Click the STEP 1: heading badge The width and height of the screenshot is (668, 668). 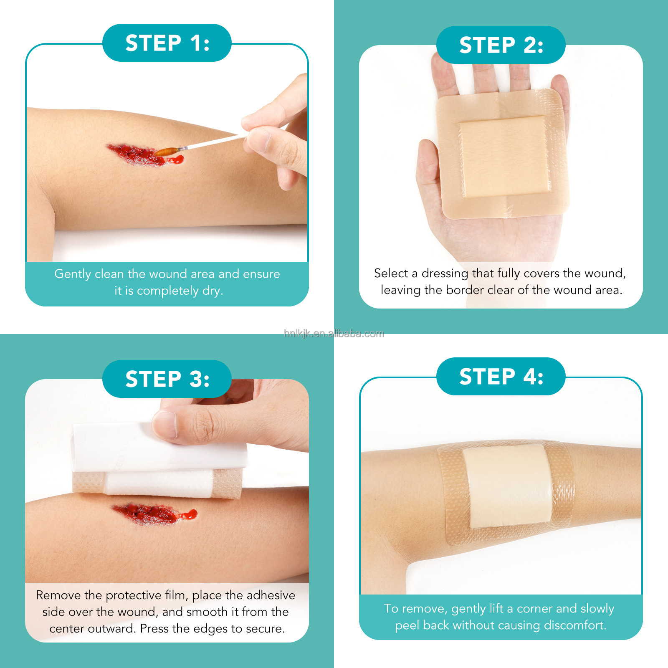click(167, 43)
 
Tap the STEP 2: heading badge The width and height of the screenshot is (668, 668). click(501, 45)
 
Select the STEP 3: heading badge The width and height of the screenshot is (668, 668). click(167, 379)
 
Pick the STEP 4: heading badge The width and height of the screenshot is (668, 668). click(501, 376)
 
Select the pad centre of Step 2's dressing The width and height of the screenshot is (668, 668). click(504, 157)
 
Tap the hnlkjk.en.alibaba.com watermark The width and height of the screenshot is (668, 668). click(334, 333)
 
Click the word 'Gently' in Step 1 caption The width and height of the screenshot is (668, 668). click(73, 274)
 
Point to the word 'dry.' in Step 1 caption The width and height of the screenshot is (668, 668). click(213, 291)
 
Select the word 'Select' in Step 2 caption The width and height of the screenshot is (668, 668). click(391, 273)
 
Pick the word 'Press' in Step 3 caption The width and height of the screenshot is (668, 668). click(154, 628)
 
